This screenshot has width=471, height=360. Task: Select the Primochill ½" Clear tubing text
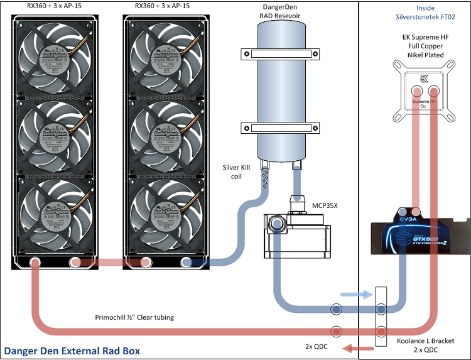click(x=134, y=317)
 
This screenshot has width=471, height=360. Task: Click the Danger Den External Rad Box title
click(x=70, y=350)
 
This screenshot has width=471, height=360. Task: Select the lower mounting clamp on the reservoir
click(x=277, y=130)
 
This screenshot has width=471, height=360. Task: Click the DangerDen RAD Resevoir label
click(x=277, y=11)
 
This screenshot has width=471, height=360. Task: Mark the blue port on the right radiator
click(x=187, y=262)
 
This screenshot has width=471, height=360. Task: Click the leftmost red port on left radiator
click(x=35, y=262)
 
